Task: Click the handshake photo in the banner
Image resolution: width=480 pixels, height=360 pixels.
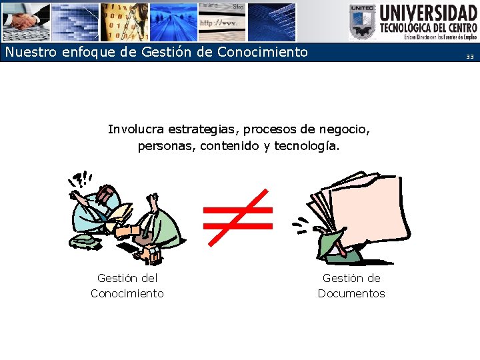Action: pyautogui.click(x=25, y=22)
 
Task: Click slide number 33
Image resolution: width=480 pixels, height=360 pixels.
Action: pyautogui.click(x=469, y=57)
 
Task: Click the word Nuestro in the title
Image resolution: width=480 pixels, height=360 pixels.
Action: pyautogui.click(x=29, y=52)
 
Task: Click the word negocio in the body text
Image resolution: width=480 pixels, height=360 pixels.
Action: pyautogui.click(x=345, y=129)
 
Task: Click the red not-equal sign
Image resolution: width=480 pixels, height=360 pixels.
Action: pyautogui.click(x=237, y=217)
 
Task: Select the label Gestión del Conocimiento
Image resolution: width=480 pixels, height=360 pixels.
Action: pyautogui.click(x=127, y=285)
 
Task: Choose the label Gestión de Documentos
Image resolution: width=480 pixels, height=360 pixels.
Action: pyautogui.click(x=351, y=285)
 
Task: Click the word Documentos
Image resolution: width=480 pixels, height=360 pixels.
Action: pyautogui.click(x=351, y=293)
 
